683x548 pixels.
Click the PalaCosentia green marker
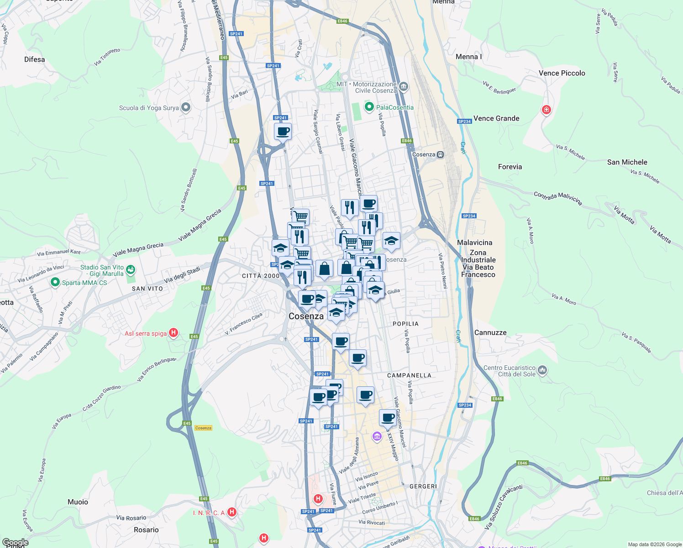(369, 107)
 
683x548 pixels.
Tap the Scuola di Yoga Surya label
(149, 108)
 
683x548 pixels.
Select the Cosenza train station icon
(440, 154)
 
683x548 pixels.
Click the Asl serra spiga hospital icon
(173, 333)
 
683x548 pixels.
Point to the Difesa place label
(35, 59)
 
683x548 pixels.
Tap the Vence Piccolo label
(562, 73)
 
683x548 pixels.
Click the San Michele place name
(627, 162)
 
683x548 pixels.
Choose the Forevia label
(510, 167)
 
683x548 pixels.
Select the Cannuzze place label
(490, 332)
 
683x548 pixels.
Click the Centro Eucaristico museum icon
(542, 370)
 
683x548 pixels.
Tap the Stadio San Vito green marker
(131, 270)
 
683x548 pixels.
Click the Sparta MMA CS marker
(55, 283)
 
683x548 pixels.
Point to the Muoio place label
(78, 502)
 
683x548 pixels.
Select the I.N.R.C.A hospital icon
(232, 512)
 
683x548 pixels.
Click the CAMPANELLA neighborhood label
(409, 375)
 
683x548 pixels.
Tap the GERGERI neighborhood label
(423, 486)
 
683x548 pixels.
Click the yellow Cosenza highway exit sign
(203, 428)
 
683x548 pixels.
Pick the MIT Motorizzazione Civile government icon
(404, 86)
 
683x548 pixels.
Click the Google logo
(16, 543)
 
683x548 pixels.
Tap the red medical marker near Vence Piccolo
(546, 110)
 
